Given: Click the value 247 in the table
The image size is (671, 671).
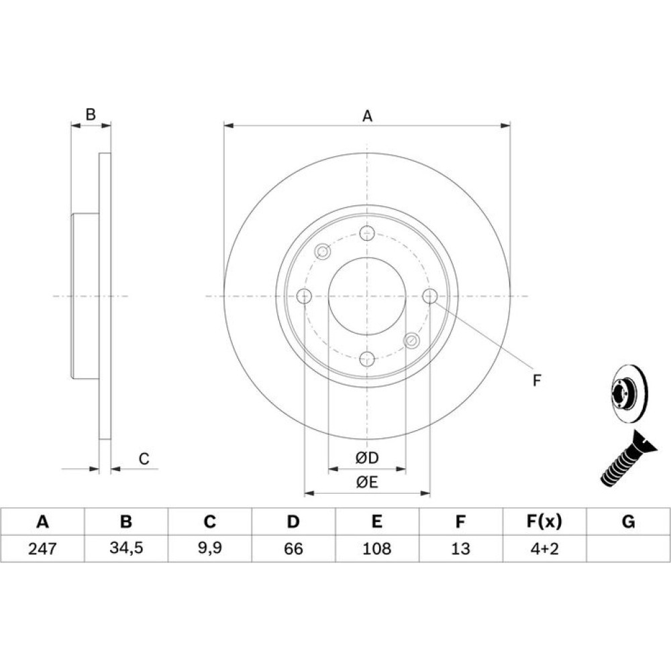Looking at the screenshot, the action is tap(42, 548).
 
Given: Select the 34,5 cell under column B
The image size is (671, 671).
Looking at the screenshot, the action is tap(126, 548).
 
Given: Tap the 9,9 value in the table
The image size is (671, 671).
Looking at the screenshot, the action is tap(209, 548).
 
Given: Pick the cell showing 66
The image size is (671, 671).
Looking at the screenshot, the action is tap(293, 548).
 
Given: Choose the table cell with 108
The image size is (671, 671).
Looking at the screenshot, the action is tap(376, 548).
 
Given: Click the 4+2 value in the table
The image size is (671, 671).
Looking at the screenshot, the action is tap(544, 548).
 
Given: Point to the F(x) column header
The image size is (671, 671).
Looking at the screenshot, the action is tap(544, 521).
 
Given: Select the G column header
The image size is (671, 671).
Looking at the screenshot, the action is tap(628, 521).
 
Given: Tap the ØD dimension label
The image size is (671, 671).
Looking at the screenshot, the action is tap(367, 458).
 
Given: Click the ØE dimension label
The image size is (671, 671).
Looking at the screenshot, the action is tap(367, 482).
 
